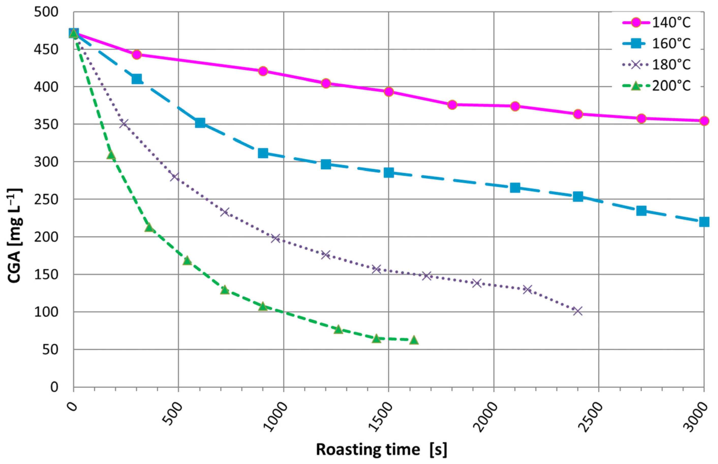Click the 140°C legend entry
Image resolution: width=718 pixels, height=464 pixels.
click(656, 23)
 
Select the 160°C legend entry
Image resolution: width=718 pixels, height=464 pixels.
click(656, 44)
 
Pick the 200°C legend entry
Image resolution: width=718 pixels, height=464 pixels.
click(656, 86)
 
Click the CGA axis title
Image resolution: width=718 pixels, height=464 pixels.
click(15, 236)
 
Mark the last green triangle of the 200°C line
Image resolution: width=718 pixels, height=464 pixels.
click(414, 340)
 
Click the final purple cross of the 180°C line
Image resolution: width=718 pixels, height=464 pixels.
click(578, 311)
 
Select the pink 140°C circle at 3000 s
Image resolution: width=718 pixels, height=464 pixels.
click(704, 121)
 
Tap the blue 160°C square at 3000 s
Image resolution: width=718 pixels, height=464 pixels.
click(704, 222)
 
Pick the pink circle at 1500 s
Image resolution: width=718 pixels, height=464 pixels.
click(389, 92)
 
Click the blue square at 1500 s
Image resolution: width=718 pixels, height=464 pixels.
click(389, 173)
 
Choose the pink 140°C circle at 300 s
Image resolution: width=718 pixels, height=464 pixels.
click(137, 54)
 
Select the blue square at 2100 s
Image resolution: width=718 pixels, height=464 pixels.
click(515, 188)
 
